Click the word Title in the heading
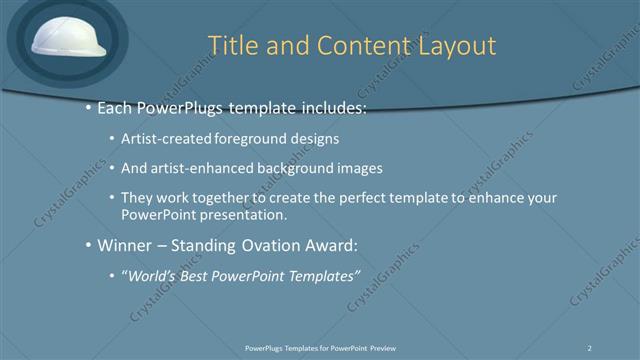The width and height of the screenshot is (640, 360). pos(232,46)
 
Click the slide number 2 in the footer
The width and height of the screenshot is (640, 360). pos(591,347)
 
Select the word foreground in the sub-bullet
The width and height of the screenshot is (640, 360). pos(247,138)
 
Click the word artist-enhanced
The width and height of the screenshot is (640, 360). pos(199,168)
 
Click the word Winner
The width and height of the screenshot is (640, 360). pos(125,244)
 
